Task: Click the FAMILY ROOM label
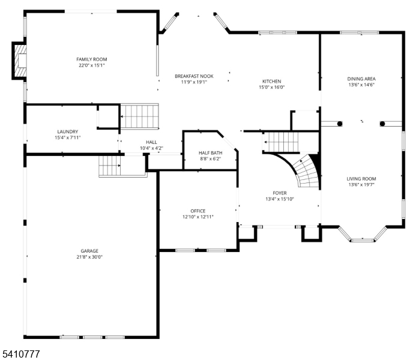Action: [91, 59]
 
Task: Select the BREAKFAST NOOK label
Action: [194, 76]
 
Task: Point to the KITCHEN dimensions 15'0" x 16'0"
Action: [271, 88]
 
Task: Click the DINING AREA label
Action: [361, 79]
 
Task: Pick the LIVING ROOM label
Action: [361, 179]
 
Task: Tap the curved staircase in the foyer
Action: [305, 171]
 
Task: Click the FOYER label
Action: [280, 193]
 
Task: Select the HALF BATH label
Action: [210, 153]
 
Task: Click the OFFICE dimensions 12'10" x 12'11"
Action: [197, 217]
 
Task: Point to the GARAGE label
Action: [90, 251]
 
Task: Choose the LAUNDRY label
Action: [67, 131]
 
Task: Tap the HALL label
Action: [151, 142]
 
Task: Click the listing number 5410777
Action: [21, 354]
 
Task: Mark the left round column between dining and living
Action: [340, 124]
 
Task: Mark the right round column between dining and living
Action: [382, 124]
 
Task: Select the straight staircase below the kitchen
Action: [282, 142]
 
